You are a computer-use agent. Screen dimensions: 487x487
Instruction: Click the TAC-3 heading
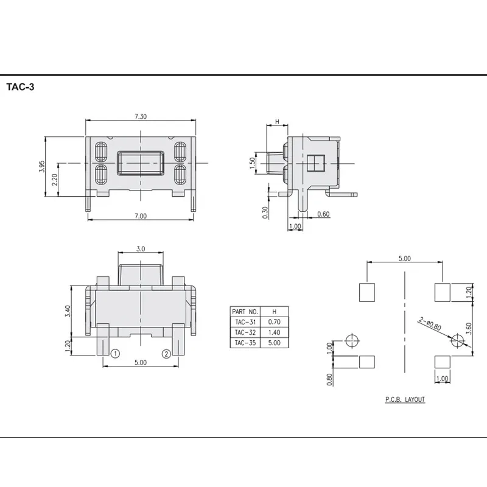(20, 87)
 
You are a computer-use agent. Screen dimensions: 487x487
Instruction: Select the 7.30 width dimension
(141, 116)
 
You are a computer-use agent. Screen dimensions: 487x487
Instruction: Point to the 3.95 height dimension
(42, 166)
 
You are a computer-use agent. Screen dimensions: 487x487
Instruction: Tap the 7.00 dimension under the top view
(141, 216)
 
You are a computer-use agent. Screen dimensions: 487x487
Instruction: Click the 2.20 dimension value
(54, 180)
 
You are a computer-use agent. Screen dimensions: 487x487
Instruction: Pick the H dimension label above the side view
(278, 121)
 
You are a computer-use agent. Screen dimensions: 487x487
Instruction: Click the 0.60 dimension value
(323, 214)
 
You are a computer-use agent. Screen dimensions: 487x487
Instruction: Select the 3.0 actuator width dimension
(141, 249)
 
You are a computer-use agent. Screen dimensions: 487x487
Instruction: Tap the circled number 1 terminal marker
(115, 354)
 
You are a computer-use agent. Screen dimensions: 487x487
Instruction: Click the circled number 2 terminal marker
(166, 354)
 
